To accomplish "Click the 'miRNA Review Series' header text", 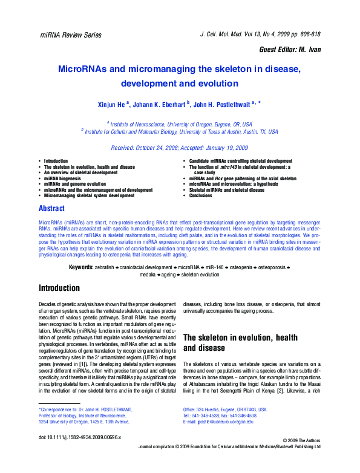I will coord(71,36).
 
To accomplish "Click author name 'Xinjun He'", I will coord(111,104).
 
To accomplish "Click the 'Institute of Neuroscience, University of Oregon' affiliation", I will coord(181,123).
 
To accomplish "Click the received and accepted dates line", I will coord(180,148).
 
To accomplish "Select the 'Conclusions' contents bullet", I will coord(201,196).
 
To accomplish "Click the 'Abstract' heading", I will coord(51,209).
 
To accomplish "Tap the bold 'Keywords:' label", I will coord(80,267).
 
